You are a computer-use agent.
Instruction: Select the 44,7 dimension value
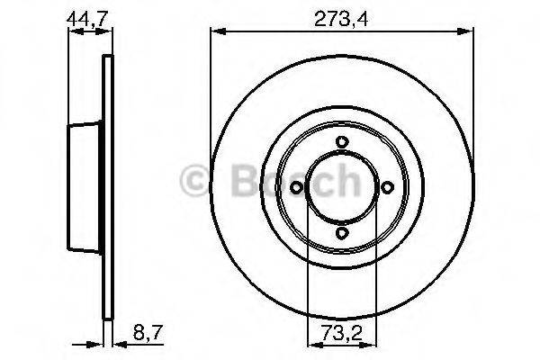84,16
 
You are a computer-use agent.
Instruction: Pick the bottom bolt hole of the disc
342,233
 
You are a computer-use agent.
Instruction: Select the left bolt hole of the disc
296,187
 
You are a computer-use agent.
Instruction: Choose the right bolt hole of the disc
388,187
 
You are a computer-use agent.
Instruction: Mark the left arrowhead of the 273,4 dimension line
216,33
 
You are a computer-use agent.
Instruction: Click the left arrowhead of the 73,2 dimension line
312,342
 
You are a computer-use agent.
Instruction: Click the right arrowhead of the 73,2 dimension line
372,342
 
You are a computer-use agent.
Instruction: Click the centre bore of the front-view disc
342,187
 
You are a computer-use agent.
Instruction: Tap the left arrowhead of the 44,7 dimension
74,33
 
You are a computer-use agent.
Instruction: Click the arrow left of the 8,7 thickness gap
98,342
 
